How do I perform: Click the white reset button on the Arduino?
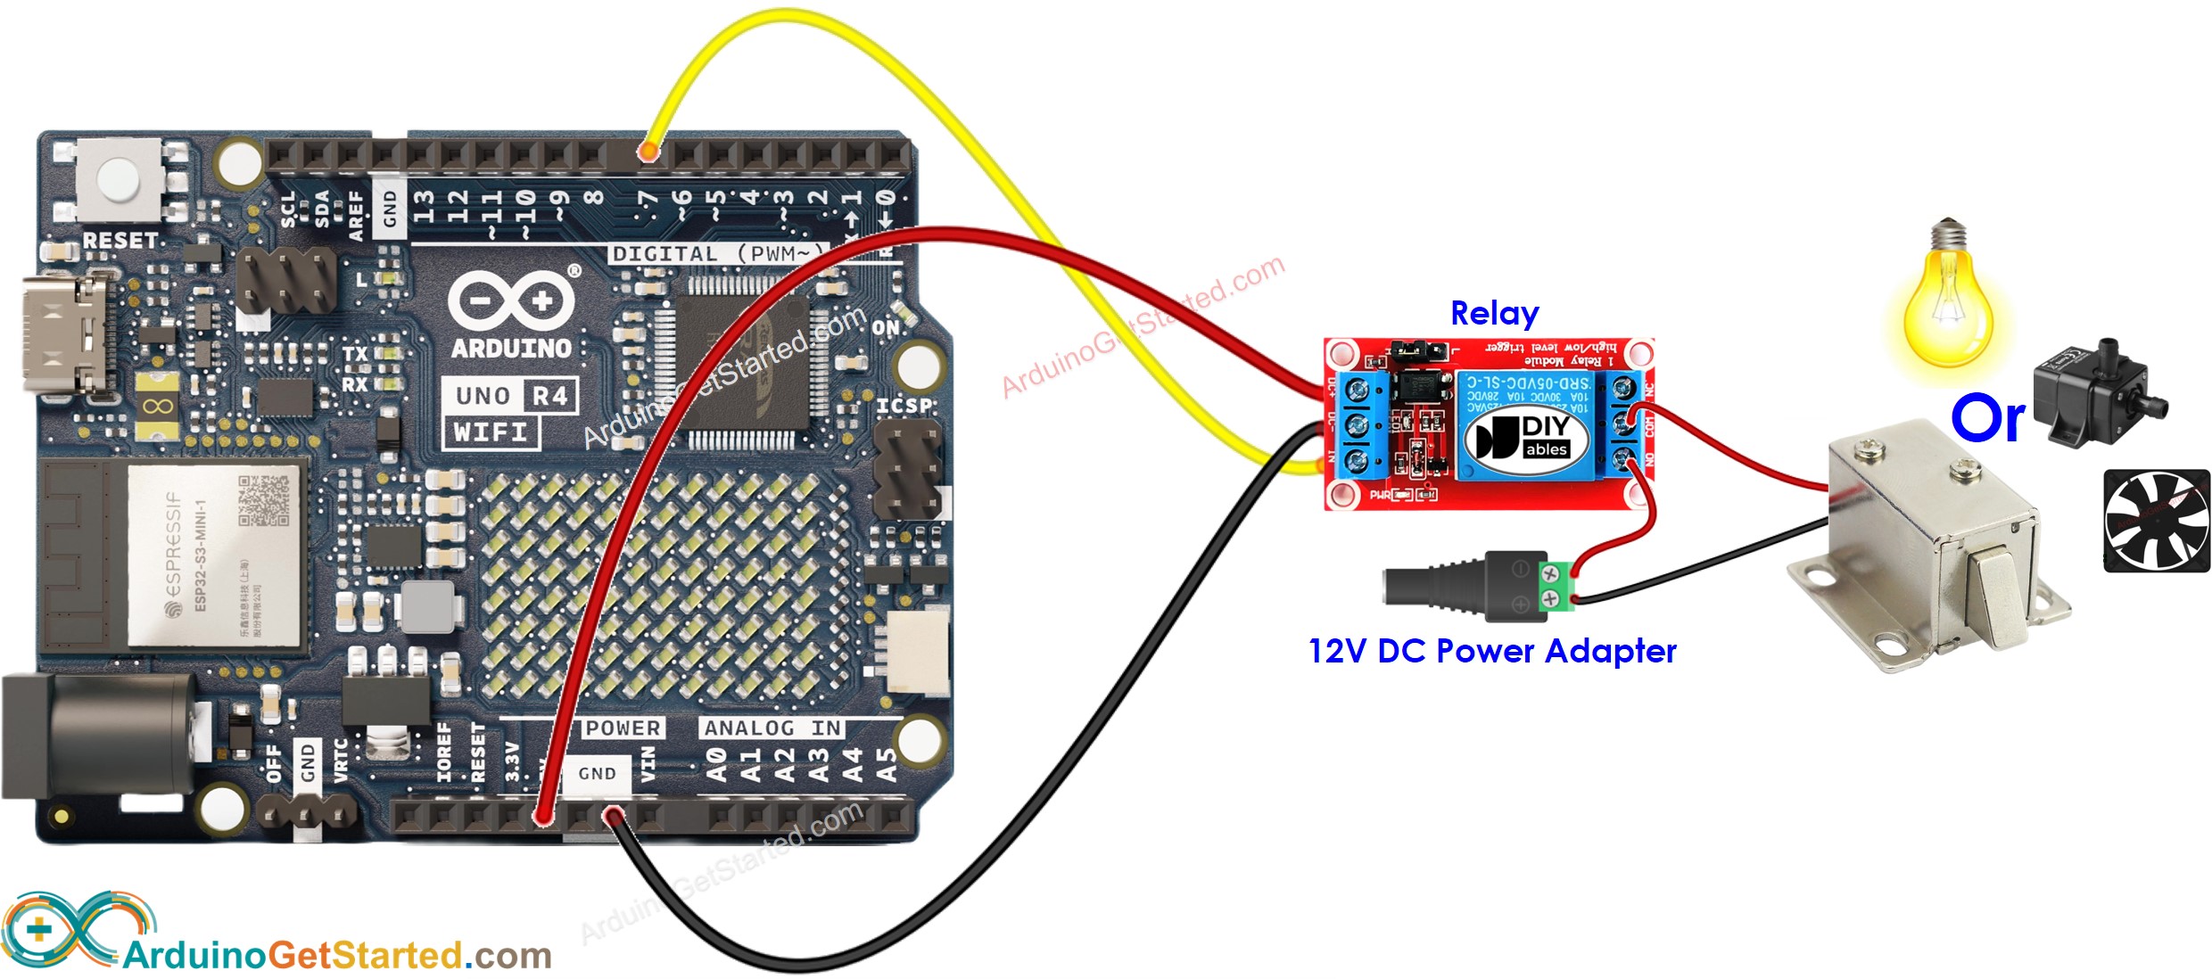pyautogui.click(x=119, y=178)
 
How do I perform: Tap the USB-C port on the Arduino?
pyautogui.click(x=67, y=335)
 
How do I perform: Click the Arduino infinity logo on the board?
pyautogui.click(x=511, y=300)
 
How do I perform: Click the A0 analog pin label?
pyautogui.click(x=716, y=765)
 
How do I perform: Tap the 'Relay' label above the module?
pyautogui.click(x=1494, y=313)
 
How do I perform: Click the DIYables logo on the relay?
pyautogui.click(x=1527, y=437)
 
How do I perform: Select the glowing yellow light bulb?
pyautogui.click(x=1947, y=303)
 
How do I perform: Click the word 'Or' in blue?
pyautogui.click(x=1987, y=418)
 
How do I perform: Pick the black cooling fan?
pyautogui.click(x=2156, y=521)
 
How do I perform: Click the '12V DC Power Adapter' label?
pyautogui.click(x=1491, y=651)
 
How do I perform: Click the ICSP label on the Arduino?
pyautogui.click(x=905, y=406)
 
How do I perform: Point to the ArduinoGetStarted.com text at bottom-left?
pyautogui.click(x=337, y=956)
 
